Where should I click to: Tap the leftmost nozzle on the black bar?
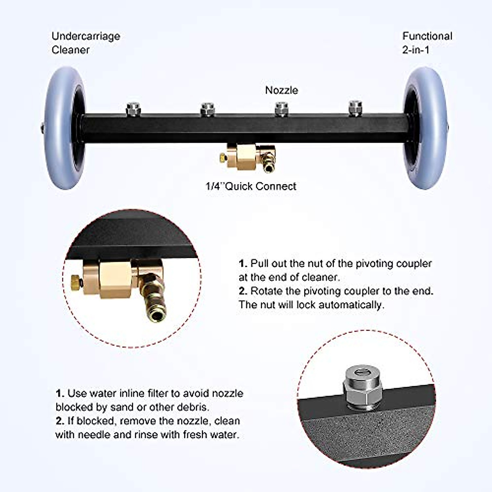tap(132, 109)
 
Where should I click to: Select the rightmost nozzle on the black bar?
tap(355, 108)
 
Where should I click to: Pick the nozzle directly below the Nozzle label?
tap(281, 109)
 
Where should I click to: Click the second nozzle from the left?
tap(207, 109)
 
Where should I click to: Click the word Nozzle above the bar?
tap(282, 90)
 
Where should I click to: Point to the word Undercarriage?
tap(86, 36)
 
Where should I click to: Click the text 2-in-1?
tap(416, 50)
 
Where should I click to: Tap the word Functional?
tap(427, 36)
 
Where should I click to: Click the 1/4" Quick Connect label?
tap(251, 186)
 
